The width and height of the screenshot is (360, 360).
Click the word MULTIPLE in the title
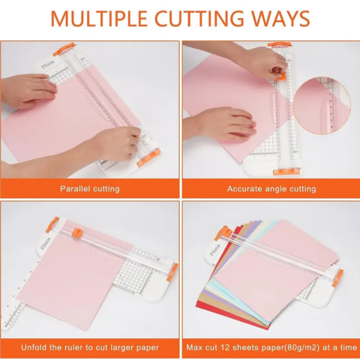tap(99, 18)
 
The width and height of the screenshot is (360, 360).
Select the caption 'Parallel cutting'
tap(90, 189)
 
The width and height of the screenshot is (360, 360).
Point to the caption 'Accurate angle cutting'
tap(271, 189)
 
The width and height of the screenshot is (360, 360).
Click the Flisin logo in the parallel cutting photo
tap(48, 64)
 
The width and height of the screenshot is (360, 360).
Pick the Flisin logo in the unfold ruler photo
tap(46, 243)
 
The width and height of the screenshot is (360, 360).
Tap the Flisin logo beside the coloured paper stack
tap(215, 250)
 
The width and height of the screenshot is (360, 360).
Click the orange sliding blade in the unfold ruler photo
tap(77, 232)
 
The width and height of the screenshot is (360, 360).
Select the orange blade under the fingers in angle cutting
tap(280, 76)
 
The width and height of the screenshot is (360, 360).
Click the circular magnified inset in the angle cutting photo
tap(322, 106)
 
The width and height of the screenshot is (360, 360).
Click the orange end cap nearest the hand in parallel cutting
tap(148, 157)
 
